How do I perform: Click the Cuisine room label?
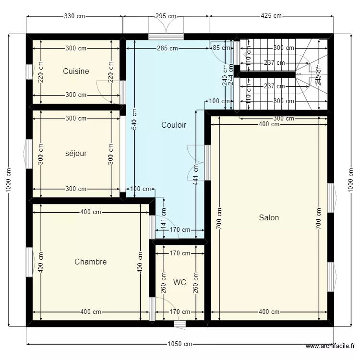tap(76, 72)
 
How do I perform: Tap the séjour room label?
tap(76, 154)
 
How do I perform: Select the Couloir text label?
tap(174, 125)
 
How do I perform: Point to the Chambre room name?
tap(90, 262)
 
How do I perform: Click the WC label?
tap(180, 282)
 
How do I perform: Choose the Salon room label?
tap(269, 217)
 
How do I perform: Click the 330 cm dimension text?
tap(74, 16)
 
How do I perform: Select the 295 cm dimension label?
tap(166, 16)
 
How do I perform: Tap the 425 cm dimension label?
tap(271, 16)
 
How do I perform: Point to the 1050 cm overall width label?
tap(180, 344)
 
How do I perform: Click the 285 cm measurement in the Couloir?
tap(167, 48)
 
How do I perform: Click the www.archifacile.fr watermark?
tap(330, 346)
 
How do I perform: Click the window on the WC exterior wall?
tap(180, 324)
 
